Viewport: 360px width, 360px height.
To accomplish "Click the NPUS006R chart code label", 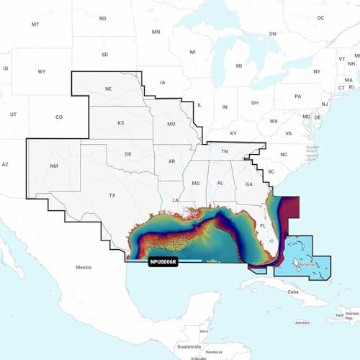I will coord(165,263).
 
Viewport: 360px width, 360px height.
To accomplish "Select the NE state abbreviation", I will coord(108,89).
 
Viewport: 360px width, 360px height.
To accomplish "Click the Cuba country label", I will coord(293,292).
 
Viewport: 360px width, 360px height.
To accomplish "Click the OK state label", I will coord(128,154).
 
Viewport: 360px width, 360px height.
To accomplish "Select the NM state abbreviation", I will coord(54,166).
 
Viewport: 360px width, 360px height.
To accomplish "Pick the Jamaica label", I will coord(307,323).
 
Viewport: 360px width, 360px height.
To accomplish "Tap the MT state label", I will coord(35,24).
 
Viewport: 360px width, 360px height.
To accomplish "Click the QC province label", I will coord(320,17).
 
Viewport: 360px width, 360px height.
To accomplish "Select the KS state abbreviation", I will coord(120,123).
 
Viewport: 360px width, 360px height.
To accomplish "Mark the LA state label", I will coord(175,199).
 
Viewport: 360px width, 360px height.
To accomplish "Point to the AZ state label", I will coord(5,164).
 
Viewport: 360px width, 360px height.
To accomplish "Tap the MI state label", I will coord(238,65).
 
